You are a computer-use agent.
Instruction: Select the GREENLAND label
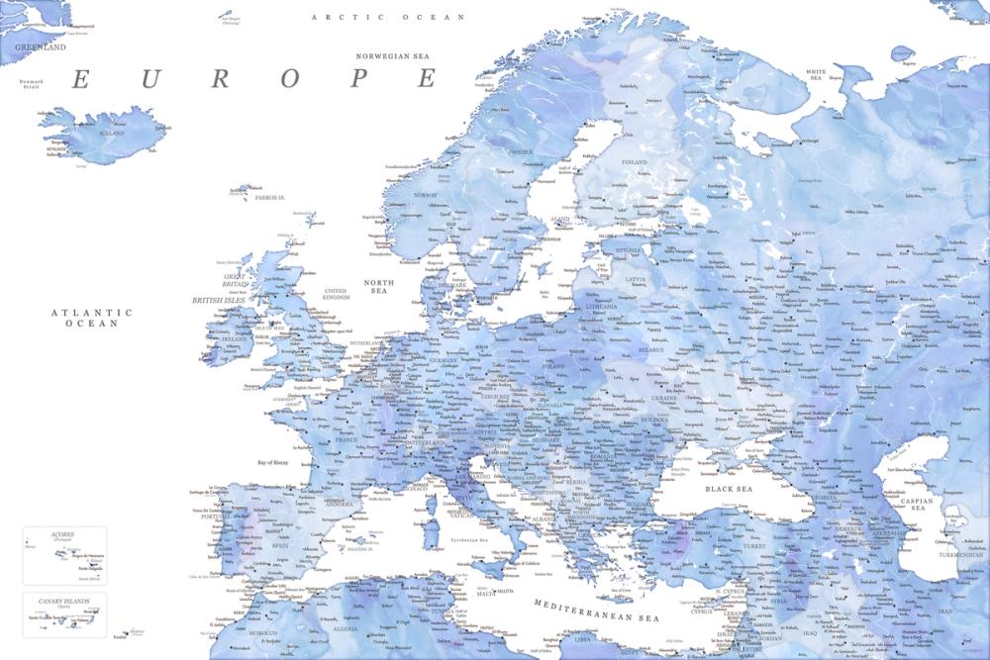(41, 47)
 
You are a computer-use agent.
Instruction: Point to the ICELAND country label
(111, 133)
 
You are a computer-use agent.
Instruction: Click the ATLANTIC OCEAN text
(92, 318)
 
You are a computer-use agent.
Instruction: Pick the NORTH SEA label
(379, 288)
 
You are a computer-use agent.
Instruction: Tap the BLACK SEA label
(729, 489)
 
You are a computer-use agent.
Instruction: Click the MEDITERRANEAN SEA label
(596, 610)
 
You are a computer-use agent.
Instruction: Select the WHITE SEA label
(817, 75)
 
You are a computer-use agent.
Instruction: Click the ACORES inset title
(49, 534)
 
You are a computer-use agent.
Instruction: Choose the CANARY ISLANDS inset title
(62, 601)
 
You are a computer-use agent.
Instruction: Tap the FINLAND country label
(634, 162)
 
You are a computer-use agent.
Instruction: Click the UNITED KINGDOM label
(338, 294)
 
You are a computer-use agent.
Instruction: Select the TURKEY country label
(755, 546)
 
